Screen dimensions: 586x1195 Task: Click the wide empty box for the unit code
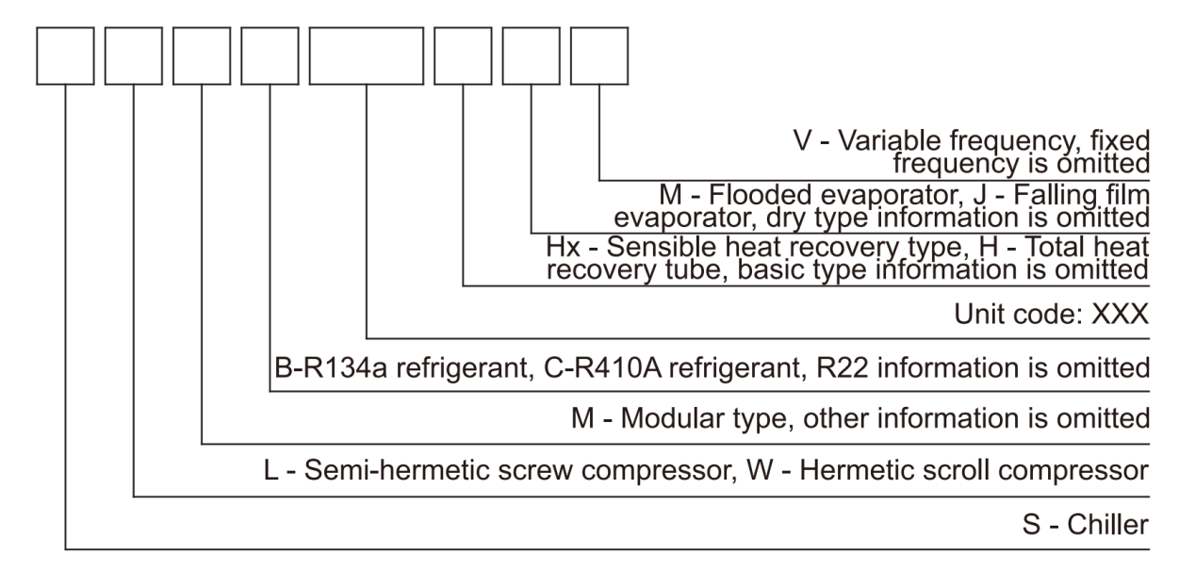366,56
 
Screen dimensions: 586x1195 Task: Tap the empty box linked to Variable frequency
599,56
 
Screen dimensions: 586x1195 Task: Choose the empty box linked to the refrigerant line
270,56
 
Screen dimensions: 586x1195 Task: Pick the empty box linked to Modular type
203,56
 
